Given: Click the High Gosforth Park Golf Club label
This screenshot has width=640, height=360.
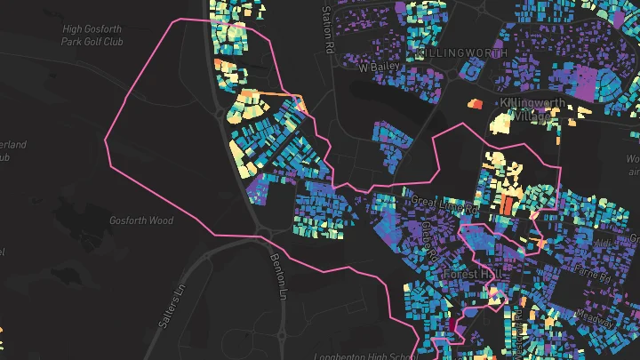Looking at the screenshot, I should [92, 35].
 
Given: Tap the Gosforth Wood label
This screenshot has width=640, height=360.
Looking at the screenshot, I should [140, 220].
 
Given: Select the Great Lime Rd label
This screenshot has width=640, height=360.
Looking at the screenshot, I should [444, 205].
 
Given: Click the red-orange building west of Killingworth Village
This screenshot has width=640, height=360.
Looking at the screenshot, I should [474, 104].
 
